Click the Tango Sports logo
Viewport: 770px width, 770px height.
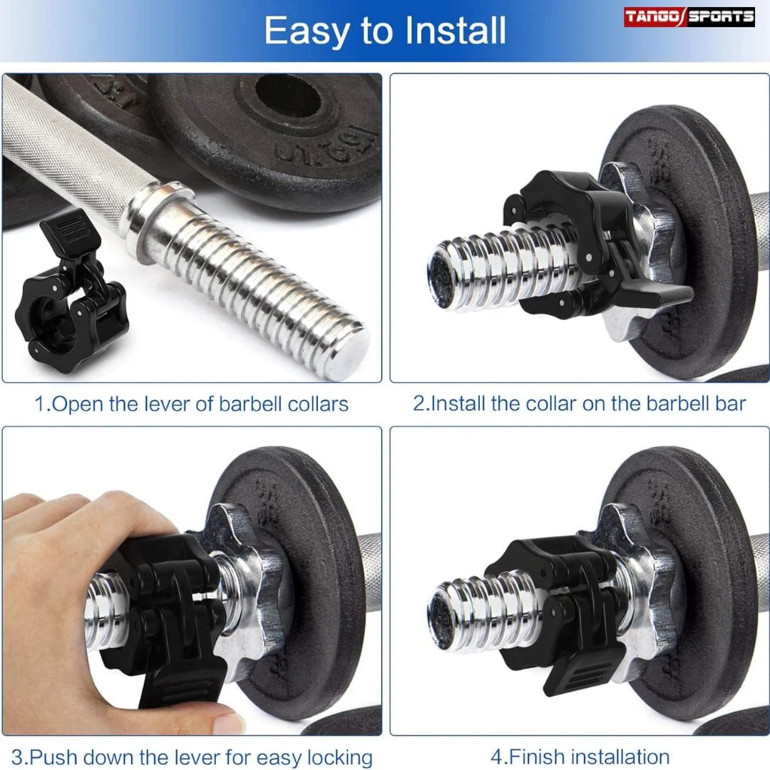(689, 16)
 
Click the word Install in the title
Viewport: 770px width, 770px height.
(455, 31)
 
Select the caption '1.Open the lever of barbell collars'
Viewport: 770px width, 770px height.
(191, 404)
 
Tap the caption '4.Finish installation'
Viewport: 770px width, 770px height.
(580, 756)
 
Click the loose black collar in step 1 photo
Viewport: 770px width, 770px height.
(68, 294)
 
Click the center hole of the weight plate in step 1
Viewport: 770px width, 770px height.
(288, 96)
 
